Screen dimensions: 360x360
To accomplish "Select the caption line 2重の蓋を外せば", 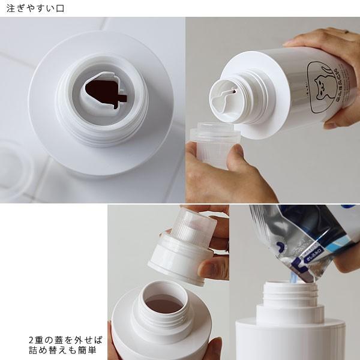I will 64,338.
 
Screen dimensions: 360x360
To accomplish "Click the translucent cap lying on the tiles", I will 15,168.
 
